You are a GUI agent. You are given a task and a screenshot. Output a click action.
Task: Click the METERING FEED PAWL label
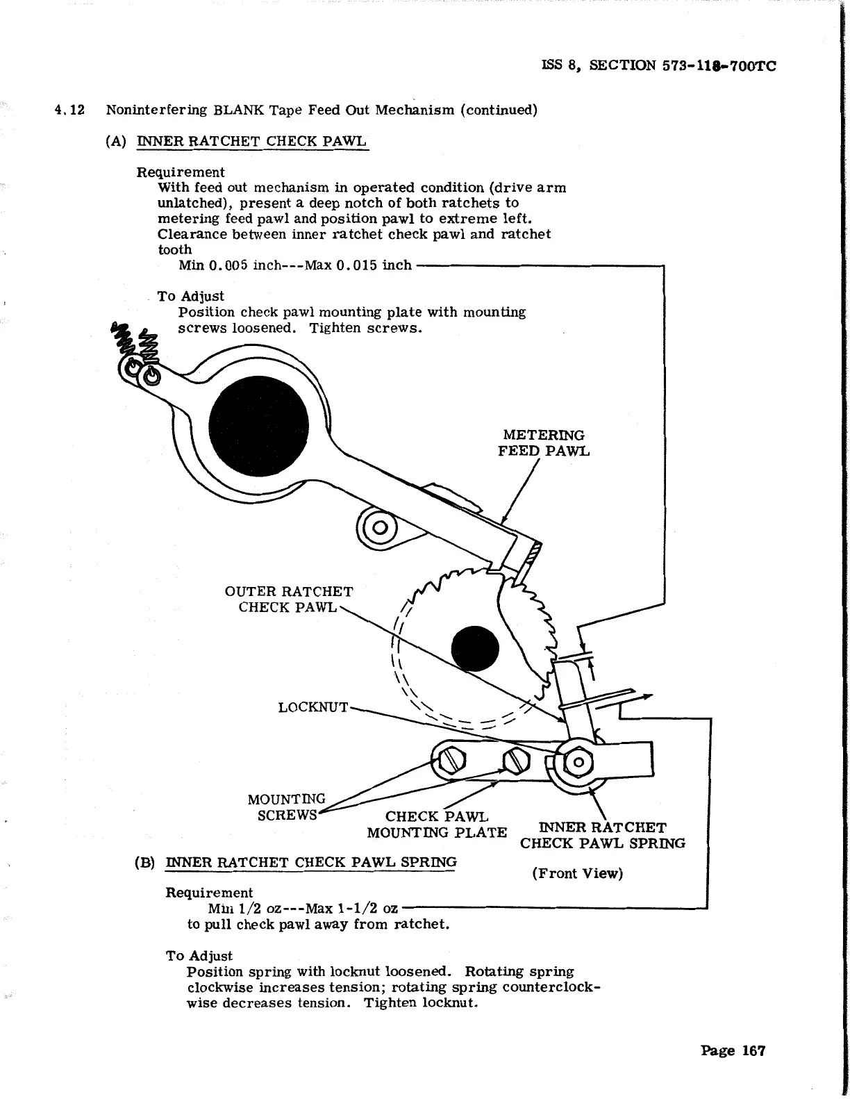(x=543, y=443)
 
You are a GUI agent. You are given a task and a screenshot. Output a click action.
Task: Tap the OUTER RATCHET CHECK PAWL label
(x=288, y=599)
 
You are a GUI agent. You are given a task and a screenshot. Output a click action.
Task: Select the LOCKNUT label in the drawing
(x=312, y=707)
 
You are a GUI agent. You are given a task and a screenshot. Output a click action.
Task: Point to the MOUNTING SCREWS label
(x=286, y=807)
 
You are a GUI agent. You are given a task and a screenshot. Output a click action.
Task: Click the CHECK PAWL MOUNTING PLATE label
(x=437, y=825)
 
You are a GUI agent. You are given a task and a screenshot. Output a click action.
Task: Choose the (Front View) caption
(x=577, y=873)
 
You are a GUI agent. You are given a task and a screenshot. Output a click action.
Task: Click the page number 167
(x=733, y=1050)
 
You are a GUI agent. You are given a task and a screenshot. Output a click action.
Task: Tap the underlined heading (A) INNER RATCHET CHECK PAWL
(x=236, y=141)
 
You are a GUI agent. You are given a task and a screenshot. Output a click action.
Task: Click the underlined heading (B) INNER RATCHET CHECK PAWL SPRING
(x=296, y=862)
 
